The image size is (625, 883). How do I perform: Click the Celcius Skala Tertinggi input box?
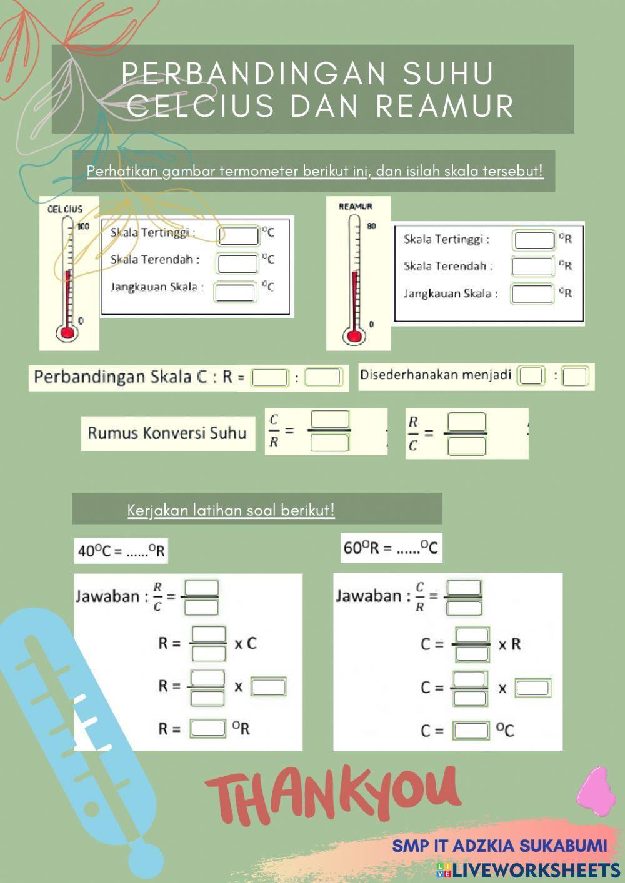(238, 235)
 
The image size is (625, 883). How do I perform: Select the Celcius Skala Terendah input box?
(237, 263)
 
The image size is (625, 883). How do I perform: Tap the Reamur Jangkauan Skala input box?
(532, 294)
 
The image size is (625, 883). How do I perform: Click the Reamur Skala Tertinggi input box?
(534, 240)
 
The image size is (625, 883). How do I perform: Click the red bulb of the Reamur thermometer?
(354, 336)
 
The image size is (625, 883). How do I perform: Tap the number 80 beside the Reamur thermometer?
(371, 226)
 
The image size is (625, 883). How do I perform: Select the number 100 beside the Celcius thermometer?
(83, 226)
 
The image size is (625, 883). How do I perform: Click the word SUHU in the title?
(449, 74)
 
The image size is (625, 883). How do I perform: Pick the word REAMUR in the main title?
(444, 106)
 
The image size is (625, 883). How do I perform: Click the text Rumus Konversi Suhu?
(167, 433)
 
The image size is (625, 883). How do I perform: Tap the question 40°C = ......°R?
(121, 551)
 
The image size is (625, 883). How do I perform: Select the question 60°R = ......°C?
(391, 548)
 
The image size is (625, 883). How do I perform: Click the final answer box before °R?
(208, 728)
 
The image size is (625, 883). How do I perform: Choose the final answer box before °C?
(471, 730)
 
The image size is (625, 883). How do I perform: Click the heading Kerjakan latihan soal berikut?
(231, 510)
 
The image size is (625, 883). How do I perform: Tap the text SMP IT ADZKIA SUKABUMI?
(499, 846)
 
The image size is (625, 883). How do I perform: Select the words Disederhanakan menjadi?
(436, 375)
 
